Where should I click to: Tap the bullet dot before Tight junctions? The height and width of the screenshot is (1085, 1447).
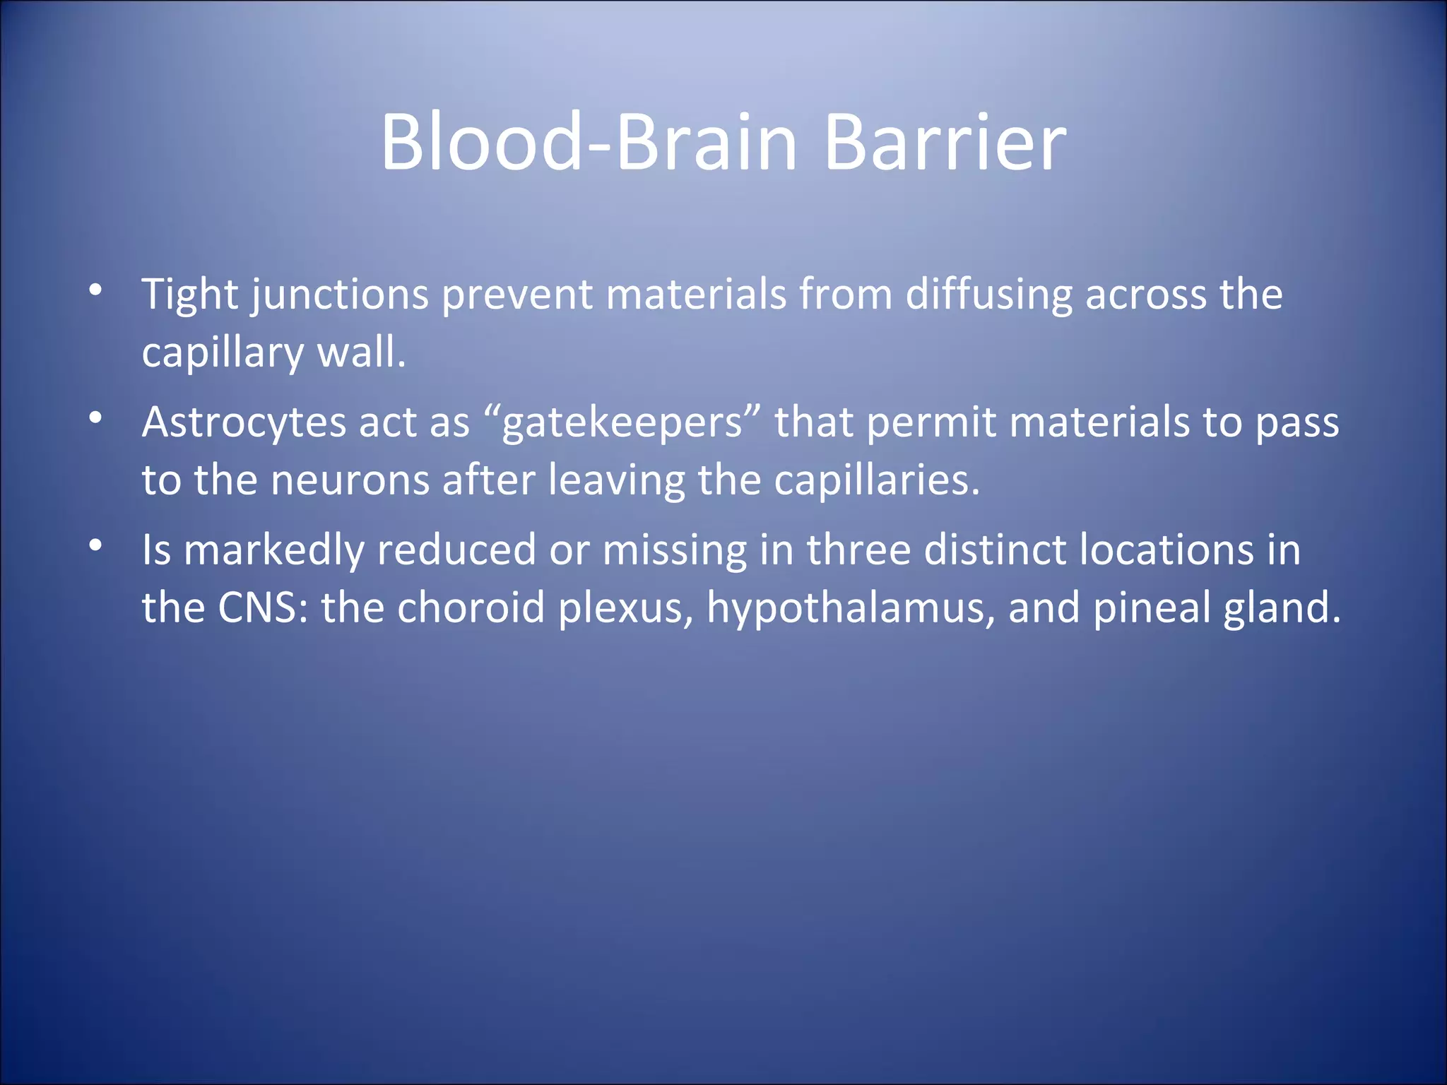(96, 290)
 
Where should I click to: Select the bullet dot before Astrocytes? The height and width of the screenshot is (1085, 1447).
(96, 418)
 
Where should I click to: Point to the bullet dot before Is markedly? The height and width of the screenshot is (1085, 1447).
(96, 546)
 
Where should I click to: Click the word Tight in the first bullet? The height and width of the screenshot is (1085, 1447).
(189, 295)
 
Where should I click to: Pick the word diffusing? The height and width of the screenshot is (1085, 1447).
(988, 295)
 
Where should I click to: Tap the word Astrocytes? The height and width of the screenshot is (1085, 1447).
(244, 424)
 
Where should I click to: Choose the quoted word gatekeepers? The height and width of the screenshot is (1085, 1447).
(622, 424)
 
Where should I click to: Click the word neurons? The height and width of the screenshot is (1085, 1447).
(350, 480)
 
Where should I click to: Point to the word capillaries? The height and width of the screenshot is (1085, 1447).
(876, 480)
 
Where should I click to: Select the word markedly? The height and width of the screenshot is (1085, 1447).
(273, 551)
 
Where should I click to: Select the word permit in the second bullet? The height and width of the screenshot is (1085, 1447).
(931, 424)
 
